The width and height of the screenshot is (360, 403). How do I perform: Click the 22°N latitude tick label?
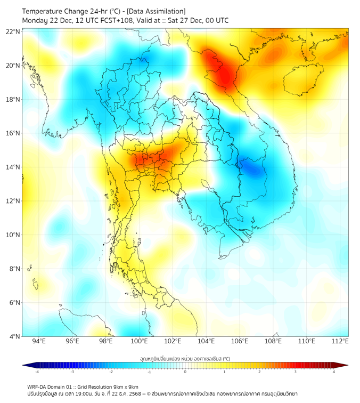pyautogui.click(x=13, y=31)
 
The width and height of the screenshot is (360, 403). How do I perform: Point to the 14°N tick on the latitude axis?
pyautogui.click(x=13, y=167)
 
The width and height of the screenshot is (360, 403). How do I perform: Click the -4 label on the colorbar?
pyautogui.click(x=37, y=372)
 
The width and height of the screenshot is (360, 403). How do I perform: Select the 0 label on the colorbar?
pyautogui.click(x=185, y=372)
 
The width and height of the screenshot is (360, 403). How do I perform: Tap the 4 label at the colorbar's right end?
pyautogui.click(x=334, y=372)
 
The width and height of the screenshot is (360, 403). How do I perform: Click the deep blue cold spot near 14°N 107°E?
pyautogui.click(x=252, y=168)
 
